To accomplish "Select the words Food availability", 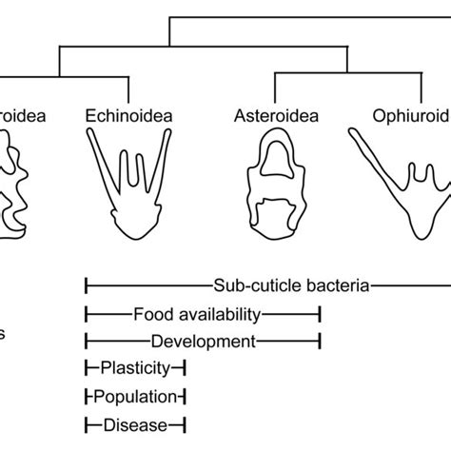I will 194,312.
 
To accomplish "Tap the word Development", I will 203,340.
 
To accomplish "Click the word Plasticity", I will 135,367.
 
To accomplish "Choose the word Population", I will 136,396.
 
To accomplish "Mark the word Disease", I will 136,424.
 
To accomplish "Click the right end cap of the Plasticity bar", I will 185,367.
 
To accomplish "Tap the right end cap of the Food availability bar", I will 320,312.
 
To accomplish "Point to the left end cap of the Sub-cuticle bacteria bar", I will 87,284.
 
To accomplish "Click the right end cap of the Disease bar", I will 185,424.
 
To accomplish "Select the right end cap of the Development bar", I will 320,340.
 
